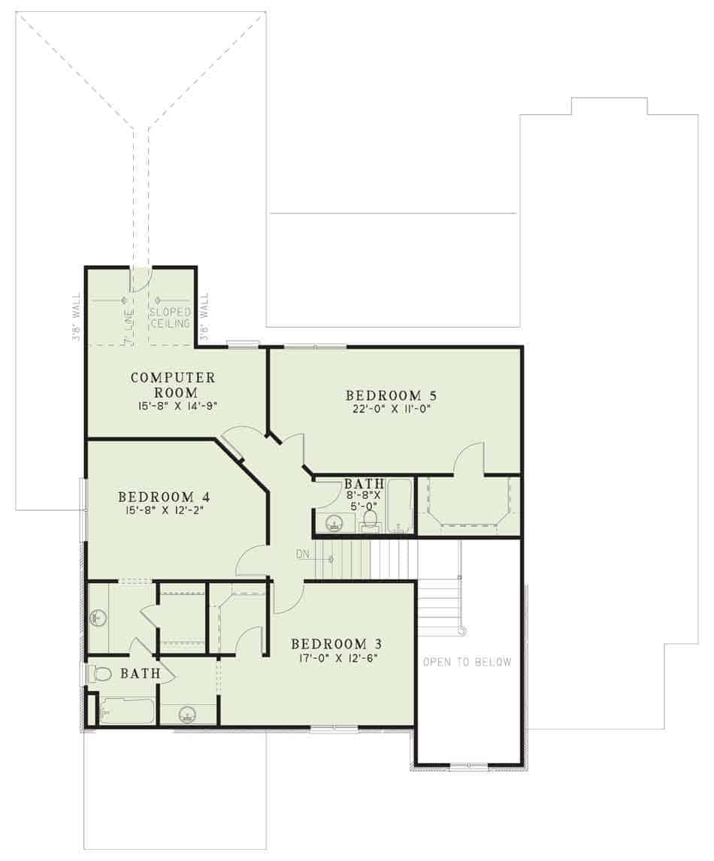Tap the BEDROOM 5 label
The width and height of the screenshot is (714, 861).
tap(391, 394)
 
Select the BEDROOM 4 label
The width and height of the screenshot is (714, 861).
tap(163, 497)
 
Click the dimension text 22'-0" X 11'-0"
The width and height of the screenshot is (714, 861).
tap(391, 409)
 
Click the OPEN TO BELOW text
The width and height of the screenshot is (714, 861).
tap(467, 662)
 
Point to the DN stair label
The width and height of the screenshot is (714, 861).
tap(302, 554)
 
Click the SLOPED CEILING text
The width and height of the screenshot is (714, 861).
tap(170, 317)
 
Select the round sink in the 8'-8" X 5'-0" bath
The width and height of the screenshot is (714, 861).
tap(331, 522)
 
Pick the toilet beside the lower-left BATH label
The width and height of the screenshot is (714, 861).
tap(100, 674)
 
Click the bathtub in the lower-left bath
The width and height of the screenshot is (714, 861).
tap(126, 711)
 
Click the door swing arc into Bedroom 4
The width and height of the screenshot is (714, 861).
tap(250, 558)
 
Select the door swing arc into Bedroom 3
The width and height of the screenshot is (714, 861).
tap(289, 598)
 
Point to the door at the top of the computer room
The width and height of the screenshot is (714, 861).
tap(141, 279)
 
